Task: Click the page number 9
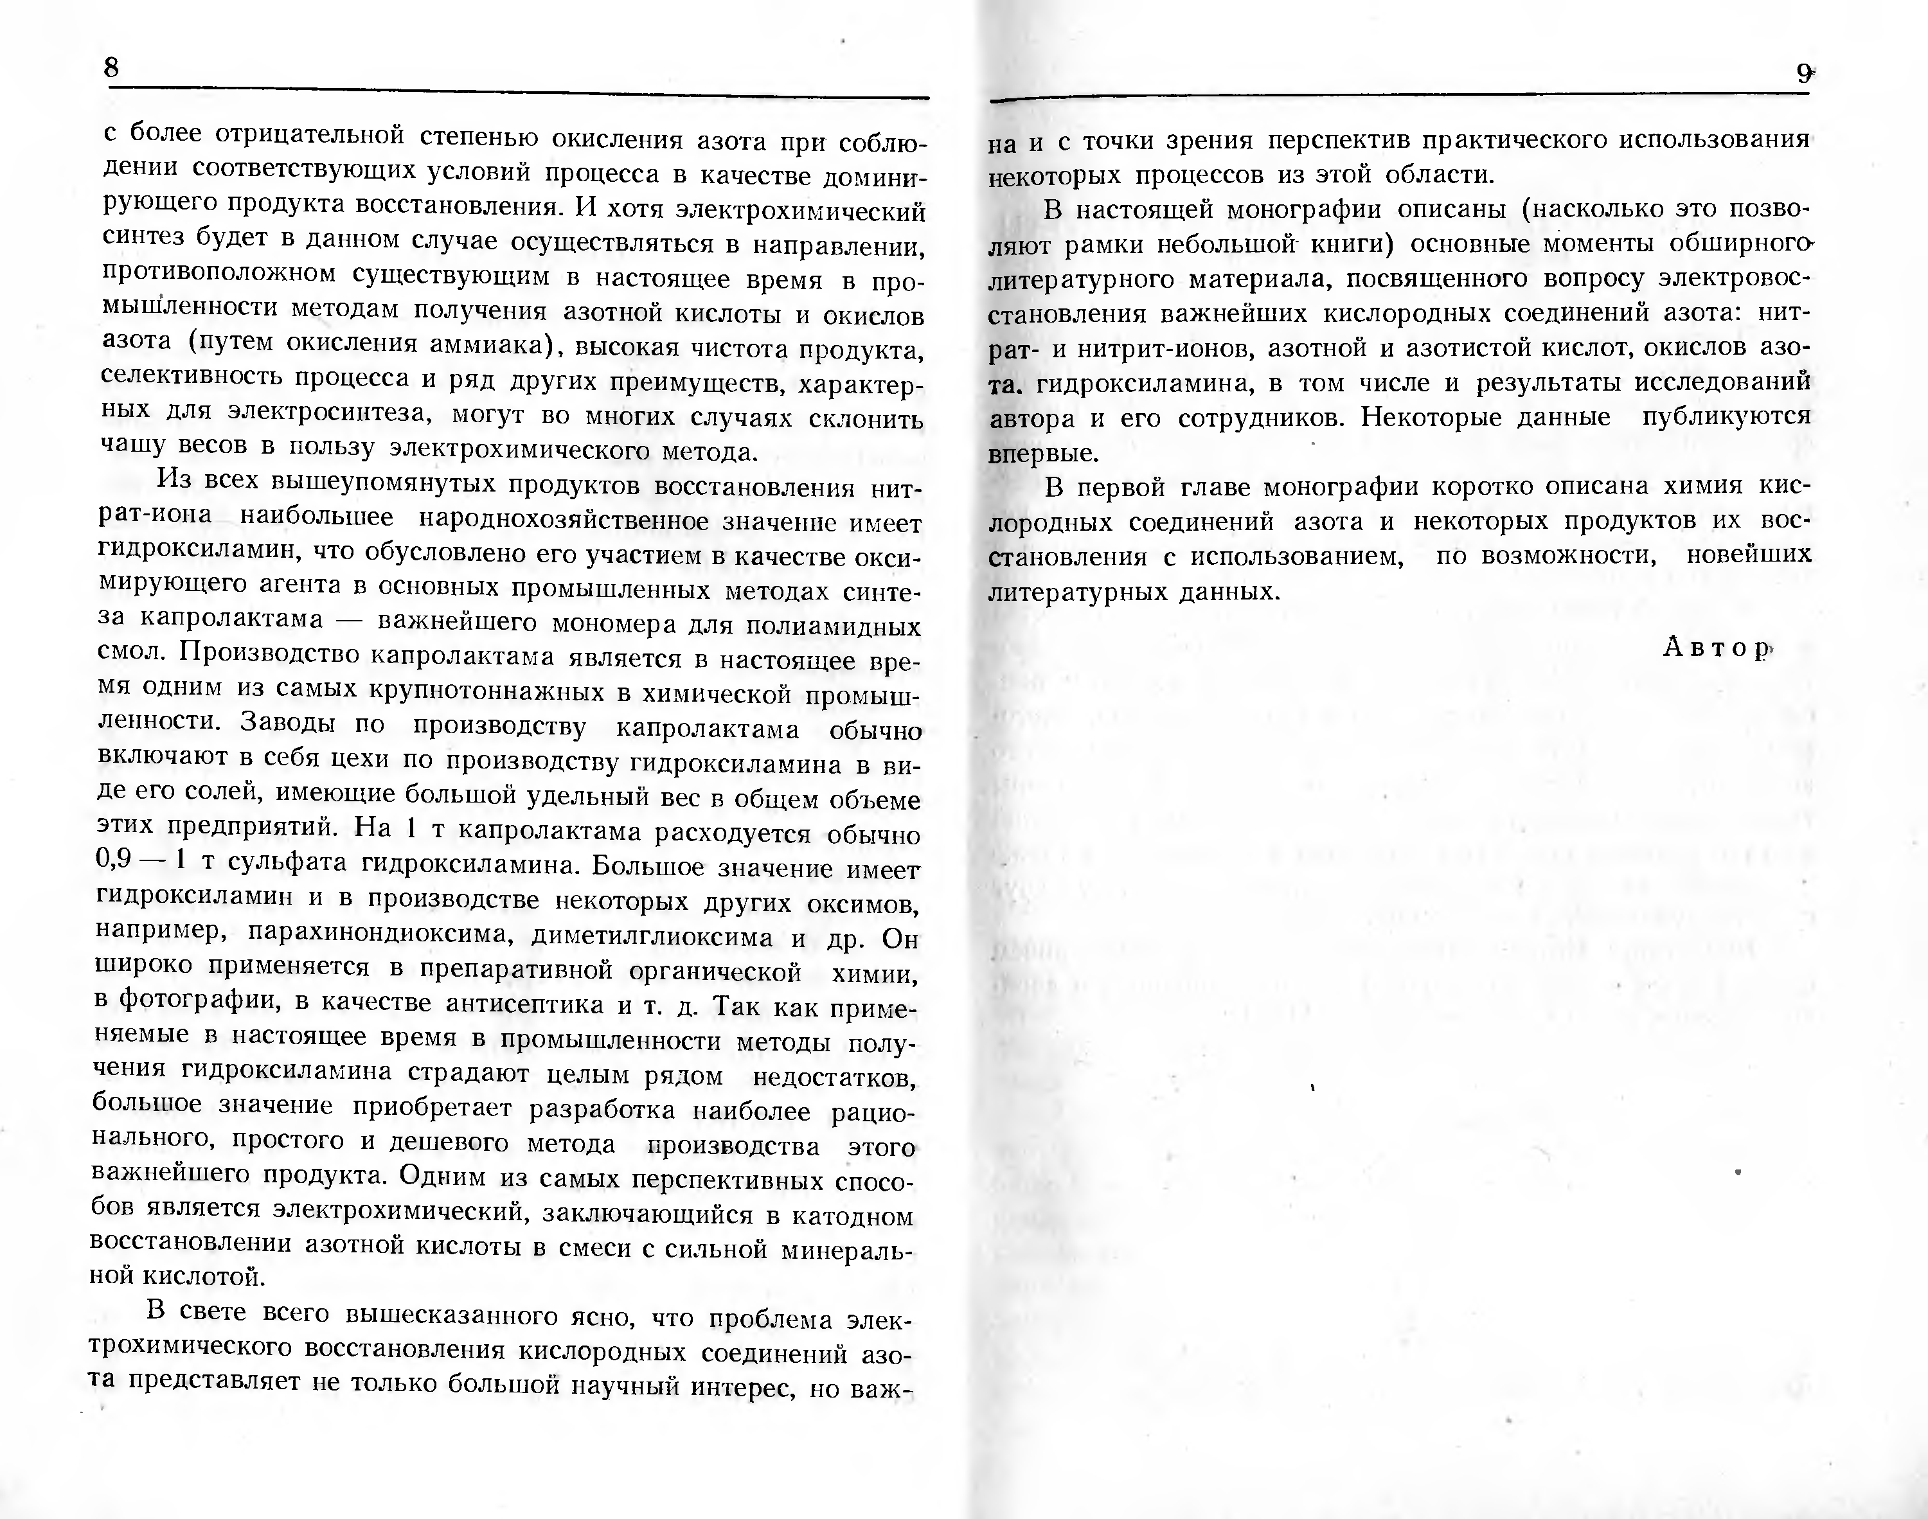(x=1803, y=74)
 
